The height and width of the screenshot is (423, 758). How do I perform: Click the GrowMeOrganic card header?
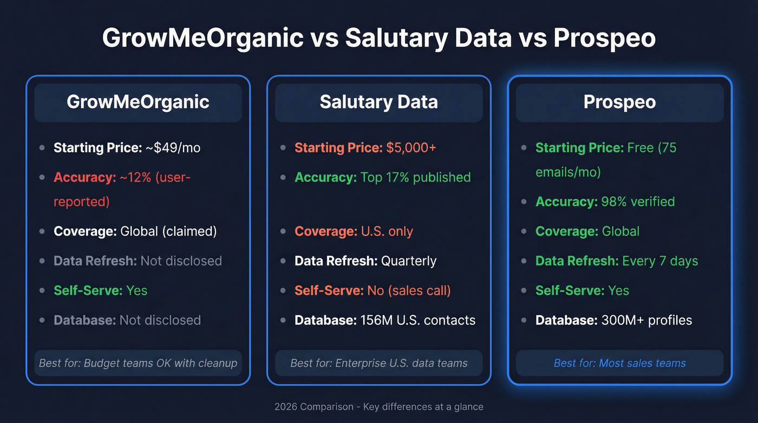coord(138,102)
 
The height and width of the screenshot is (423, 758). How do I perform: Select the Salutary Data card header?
coord(378,102)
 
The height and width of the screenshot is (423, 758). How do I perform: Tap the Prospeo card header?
coord(619,102)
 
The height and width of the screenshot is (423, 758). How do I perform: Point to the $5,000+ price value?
coord(411,148)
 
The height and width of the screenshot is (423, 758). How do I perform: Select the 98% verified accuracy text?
coord(638,201)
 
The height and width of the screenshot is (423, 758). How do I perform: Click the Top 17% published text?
coord(416,177)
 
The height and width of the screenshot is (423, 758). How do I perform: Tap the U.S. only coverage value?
coord(387,231)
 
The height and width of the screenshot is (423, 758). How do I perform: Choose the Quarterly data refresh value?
coord(409,261)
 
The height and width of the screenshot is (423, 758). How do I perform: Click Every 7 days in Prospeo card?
coord(660,261)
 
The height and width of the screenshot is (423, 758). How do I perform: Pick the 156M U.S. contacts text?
coord(418,320)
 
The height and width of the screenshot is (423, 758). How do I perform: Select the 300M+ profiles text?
coord(646,320)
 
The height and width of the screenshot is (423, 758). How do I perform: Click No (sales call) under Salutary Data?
coord(409,290)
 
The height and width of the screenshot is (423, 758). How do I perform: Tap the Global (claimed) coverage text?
coord(168,231)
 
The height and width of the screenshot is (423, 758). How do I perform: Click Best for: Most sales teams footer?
coord(619,363)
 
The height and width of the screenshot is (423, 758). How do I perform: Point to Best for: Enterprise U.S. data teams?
coord(378,363)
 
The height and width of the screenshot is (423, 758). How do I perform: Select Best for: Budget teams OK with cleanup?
coord(138,363)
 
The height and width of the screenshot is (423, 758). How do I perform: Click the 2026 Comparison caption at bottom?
coord(378,407)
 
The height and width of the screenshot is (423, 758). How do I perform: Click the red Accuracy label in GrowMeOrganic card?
coord(83,177)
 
